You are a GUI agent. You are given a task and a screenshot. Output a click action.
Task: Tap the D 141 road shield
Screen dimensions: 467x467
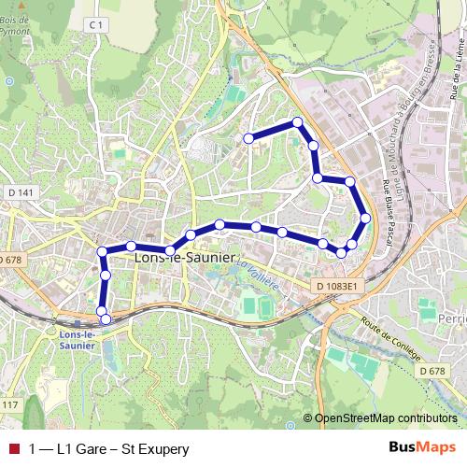[25, 193]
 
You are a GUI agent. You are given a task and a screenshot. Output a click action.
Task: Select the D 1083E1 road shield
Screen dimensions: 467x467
[337, 286]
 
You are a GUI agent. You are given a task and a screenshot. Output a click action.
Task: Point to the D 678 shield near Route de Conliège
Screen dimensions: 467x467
[432, 371]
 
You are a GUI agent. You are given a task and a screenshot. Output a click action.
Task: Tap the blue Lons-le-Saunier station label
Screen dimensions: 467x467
[76, 340]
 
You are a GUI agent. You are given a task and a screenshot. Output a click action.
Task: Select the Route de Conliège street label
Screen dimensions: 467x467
[390, 339]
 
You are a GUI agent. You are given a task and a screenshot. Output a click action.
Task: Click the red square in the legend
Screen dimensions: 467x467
[12, 449]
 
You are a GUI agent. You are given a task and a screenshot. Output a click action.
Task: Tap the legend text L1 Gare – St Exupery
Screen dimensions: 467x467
[109, 449]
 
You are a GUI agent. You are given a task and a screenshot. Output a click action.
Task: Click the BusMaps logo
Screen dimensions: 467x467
[422, 448]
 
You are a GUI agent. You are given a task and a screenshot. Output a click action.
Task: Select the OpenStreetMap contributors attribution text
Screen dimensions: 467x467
[386, 417]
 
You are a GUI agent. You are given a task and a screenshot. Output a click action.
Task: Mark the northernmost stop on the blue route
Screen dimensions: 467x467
[297, 121]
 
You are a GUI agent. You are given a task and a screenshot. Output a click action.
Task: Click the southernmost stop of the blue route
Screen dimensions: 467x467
[106, 319]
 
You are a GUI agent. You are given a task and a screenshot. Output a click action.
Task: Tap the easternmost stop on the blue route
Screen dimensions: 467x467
[365, 218]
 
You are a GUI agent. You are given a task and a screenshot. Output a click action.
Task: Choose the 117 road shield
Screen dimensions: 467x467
[9, 403]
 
